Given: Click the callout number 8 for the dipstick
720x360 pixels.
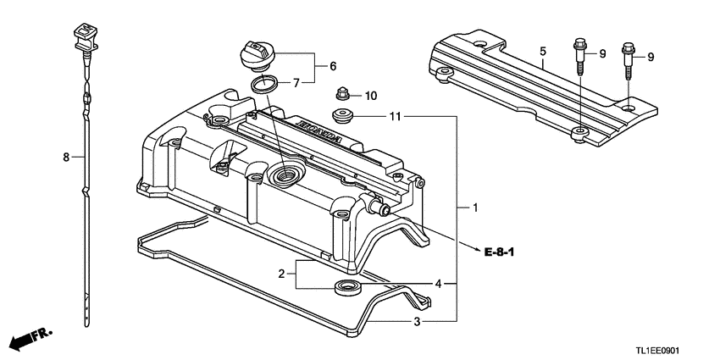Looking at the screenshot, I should [64, 157].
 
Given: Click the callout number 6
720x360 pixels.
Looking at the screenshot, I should [333, 65].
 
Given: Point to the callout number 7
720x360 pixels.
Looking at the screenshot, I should [296, 83].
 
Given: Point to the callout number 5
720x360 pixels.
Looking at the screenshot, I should [542, 52].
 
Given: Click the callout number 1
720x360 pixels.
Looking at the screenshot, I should [475, 208].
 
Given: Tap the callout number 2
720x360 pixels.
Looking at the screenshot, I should [281, 274].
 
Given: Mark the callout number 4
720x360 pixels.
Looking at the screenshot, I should [439, 283].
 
